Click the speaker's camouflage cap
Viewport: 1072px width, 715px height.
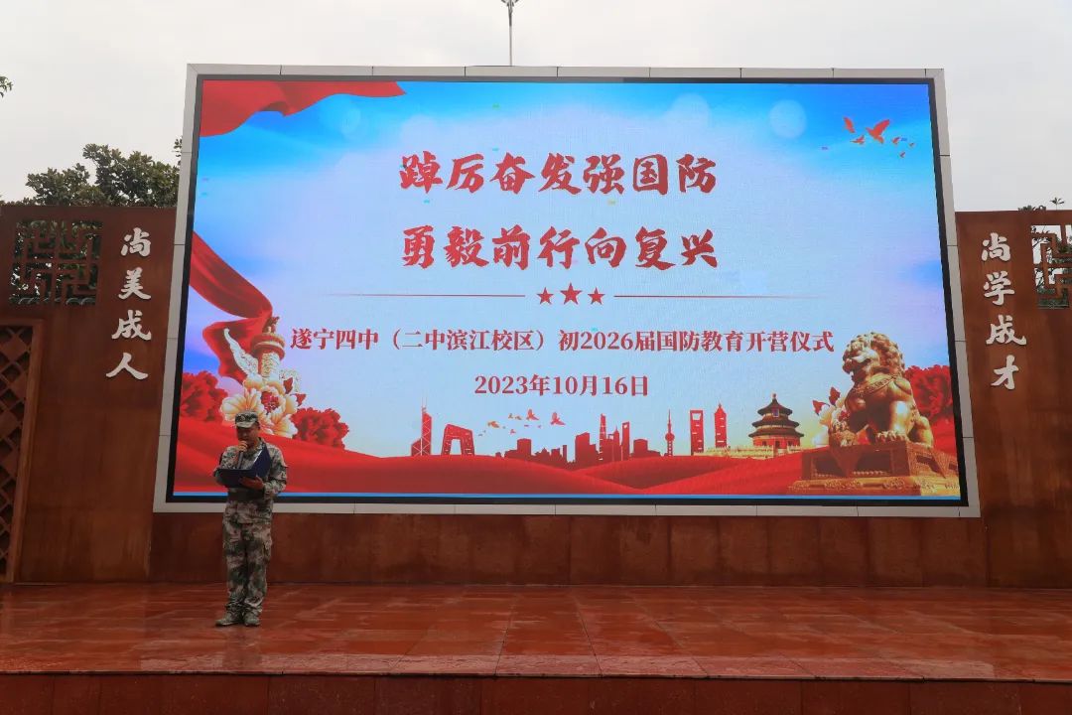tap(246, 419)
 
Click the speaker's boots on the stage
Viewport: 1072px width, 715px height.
tap(238, 617)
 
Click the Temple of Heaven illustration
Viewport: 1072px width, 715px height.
tap(775, 422)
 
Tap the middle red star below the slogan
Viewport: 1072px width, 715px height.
tap(570, 295)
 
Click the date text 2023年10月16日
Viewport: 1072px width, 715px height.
tap(561, 386)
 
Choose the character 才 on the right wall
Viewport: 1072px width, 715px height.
tap(1005, 373)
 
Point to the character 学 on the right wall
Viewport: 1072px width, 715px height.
tap(999, 290)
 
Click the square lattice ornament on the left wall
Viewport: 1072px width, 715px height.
tap(56, 261)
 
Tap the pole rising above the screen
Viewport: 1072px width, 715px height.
tap(510, 33)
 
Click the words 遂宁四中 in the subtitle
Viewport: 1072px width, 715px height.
tap(334, 340)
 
